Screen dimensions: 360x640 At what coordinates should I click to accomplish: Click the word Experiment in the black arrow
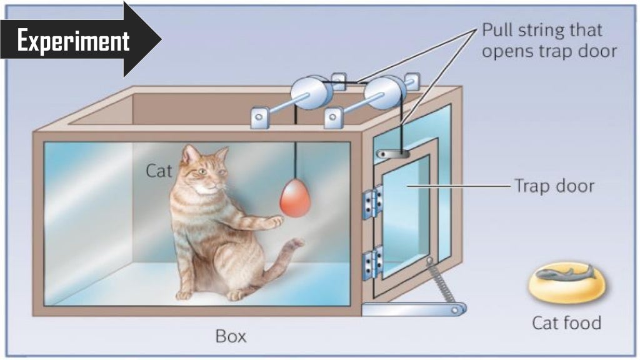[x=72, y=42]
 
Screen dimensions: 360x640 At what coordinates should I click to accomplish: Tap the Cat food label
[x=566, y=322]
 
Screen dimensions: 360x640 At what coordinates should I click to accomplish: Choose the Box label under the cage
[x=231, y=336]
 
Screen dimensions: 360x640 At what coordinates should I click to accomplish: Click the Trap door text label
[x=554, y=186]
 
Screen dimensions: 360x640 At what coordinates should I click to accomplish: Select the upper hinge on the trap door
[x=373, y=202]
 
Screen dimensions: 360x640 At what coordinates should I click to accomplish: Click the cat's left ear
[x=189, y=154]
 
